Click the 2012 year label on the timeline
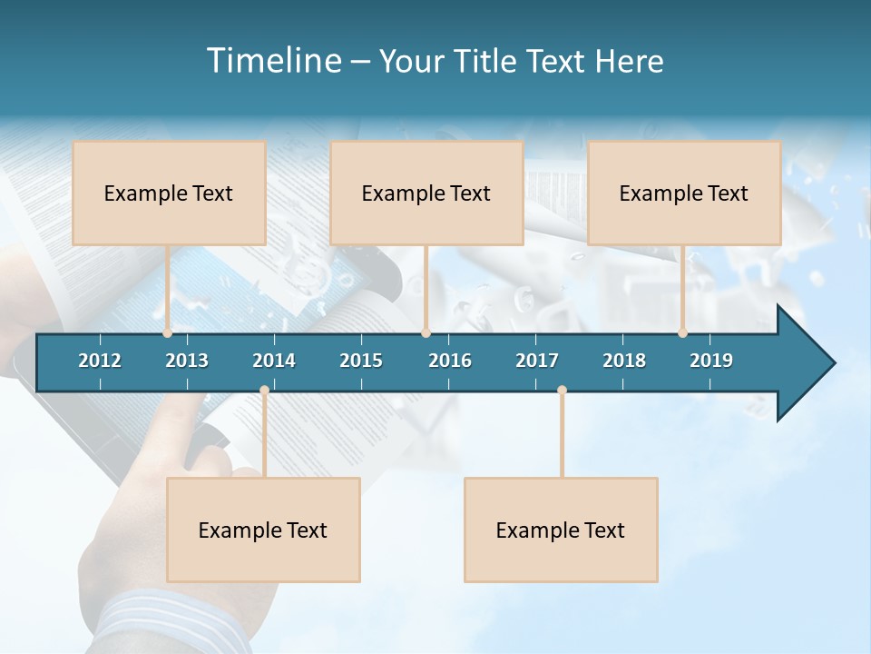[100, 361]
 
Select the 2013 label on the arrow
[187, 361]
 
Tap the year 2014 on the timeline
[274, 361]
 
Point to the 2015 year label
[361, 361]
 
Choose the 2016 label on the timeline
[450, 361]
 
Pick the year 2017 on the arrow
[537, 361]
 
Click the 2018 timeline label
[624, 361]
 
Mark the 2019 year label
[711, 361]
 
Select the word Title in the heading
[489, 61]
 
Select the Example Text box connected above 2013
[169, 193]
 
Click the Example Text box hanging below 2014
[263, 530]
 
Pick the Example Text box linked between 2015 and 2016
[426, 193]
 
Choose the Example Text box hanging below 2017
[561, 530]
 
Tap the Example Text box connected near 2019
[684, 193]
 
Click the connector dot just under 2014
[264, 391]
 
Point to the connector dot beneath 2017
[562, 391]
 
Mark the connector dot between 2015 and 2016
[426, 333]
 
